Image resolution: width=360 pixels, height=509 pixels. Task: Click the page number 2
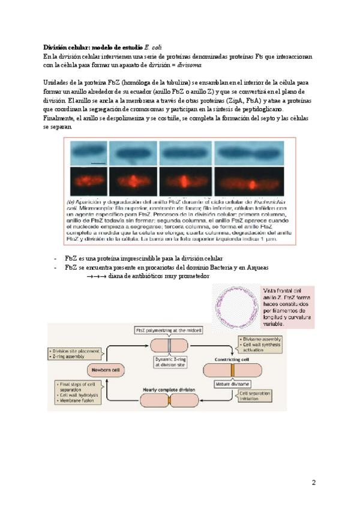coord(313,482)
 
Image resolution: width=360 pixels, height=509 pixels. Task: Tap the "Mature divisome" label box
coord(227,382)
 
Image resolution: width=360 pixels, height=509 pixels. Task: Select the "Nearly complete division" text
coord(169,390)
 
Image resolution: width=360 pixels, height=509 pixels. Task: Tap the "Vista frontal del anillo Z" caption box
coord(287,307)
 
